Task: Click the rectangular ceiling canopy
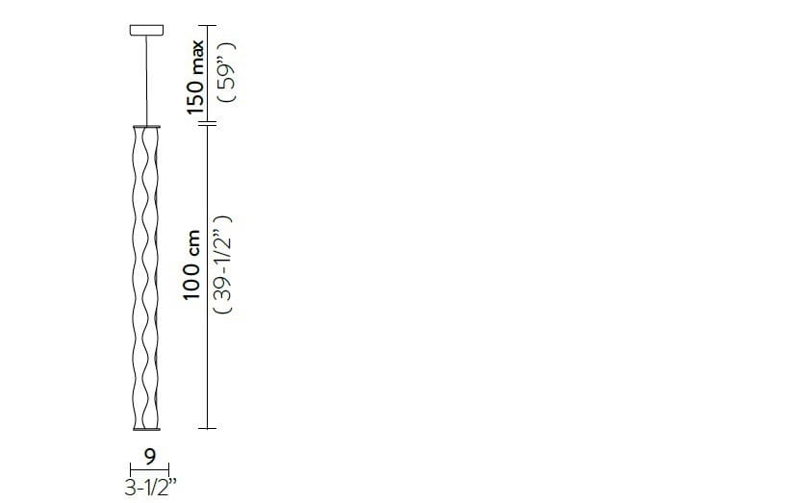click(143, 32)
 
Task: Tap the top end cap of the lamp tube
click(143, 126)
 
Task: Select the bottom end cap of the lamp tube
click(143, 428)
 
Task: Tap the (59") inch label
click(228, 72)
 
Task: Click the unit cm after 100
click(195, 242)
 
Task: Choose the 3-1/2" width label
click(149, 488)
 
